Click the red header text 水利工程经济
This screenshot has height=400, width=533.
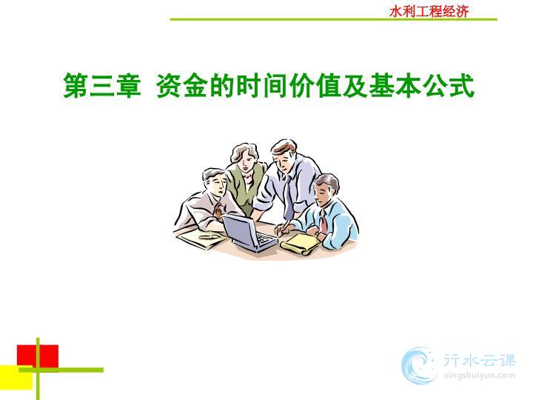[x=429, y=12]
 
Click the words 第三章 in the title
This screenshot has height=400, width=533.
[x=102, y=86]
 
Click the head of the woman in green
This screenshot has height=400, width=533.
[x=244, y=158]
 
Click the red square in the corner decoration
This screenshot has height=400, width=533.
[x=38, y=356]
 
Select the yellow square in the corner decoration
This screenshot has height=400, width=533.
[x=16, y=378]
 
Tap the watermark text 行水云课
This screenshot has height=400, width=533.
[x=480, y=360]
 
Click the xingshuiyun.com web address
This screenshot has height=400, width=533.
[x=479, y=376]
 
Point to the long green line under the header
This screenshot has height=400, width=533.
[x=333, y=19]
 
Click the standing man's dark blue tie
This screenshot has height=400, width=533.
[x=289, y=197]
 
